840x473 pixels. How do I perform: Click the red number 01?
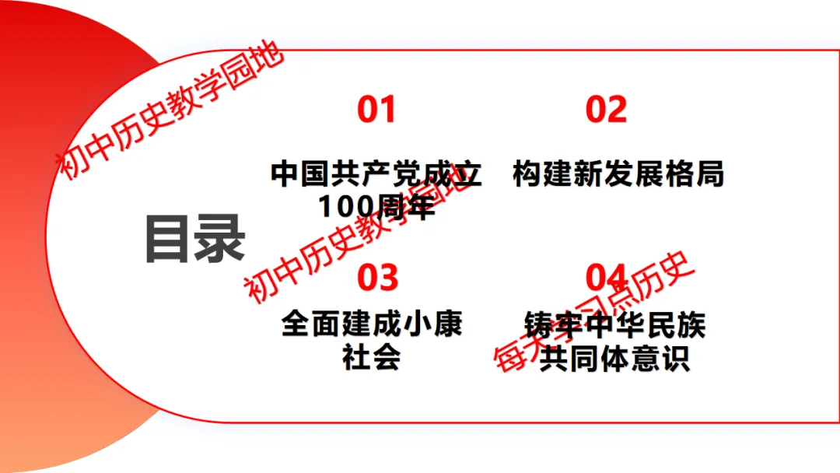(376, 110)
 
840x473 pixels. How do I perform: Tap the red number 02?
(606, 110)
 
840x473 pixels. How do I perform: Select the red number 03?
(377, 278)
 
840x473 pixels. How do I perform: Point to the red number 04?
(606, 278)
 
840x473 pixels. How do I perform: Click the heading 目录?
(194, 239)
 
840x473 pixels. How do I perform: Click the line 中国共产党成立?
(376, 173)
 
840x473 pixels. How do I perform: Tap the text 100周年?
(376, 207)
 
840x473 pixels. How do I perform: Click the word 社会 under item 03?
(372, 357)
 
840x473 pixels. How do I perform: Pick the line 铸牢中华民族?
(614, 324)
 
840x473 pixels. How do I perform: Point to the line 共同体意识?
(614, 359)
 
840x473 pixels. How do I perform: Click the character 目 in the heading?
(169, 239)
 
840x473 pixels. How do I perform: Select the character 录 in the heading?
(220, 239)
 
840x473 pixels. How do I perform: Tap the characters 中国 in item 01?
(296, 173)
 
